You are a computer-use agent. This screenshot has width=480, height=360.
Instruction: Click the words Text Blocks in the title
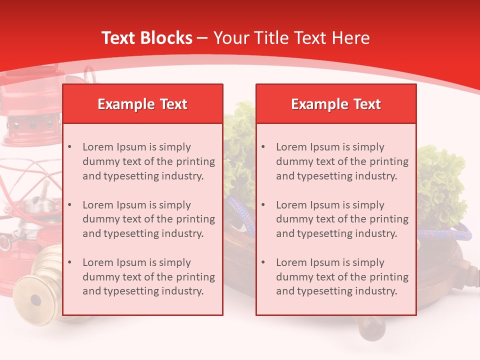146,38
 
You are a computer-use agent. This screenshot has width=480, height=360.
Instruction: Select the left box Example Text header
142,104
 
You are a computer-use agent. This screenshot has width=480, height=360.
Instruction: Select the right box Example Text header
336,104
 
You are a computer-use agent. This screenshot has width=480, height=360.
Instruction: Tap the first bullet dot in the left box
70,147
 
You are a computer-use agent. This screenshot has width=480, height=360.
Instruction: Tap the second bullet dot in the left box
70,205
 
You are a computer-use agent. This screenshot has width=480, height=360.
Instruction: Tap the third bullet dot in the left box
70,262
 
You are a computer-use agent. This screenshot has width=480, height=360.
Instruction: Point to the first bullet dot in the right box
263,147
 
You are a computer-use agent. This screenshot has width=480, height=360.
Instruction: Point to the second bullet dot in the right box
263,205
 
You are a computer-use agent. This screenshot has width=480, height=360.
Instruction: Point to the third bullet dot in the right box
263,262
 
